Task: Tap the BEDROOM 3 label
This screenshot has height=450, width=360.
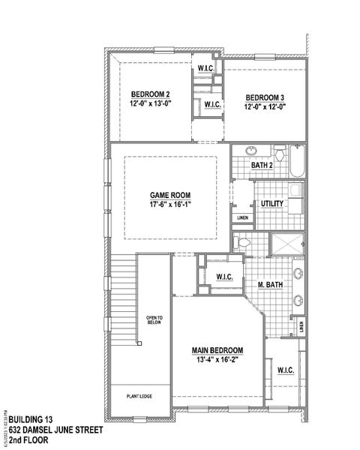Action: click(265, 97)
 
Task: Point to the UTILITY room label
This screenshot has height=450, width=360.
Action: click(271, 203)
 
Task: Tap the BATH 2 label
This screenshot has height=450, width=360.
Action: click(261, 166)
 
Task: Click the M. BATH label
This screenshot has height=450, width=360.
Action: click(269, 284)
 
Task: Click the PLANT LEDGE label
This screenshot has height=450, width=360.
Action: click(139, 395)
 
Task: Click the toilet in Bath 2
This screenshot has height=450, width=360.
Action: click(278, 155)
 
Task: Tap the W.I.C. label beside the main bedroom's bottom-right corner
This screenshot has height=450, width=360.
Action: click(285, 370)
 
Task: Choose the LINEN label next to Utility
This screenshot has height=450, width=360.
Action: click(242, 218)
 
